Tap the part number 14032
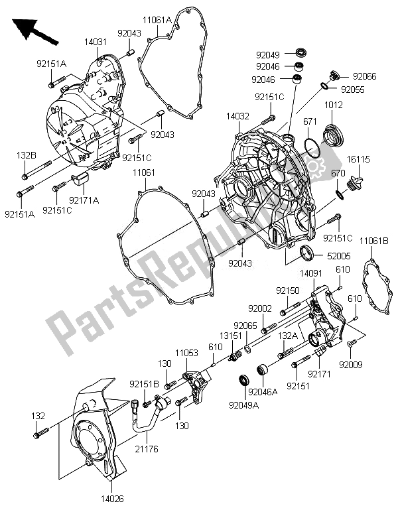point(237,115)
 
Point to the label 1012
point(333,105)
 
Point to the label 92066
point(364,76)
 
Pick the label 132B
point(26,155)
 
